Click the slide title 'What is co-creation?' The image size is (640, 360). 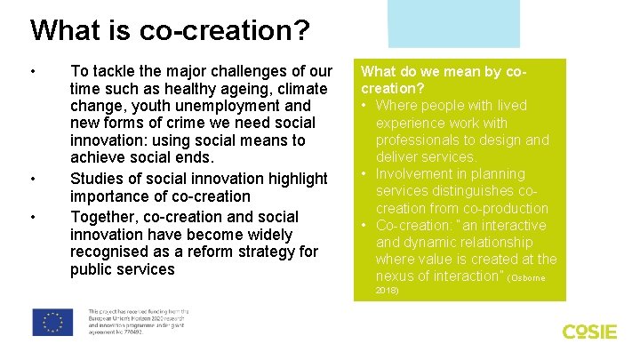170,30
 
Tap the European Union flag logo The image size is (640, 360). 52,322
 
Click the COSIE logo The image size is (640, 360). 589,332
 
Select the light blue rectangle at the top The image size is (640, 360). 453,22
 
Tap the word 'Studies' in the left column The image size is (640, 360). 98,179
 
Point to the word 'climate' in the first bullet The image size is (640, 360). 303,90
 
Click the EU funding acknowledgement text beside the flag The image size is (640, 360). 138,322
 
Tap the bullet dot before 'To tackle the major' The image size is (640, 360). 33,71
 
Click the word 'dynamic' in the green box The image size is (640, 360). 431,243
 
